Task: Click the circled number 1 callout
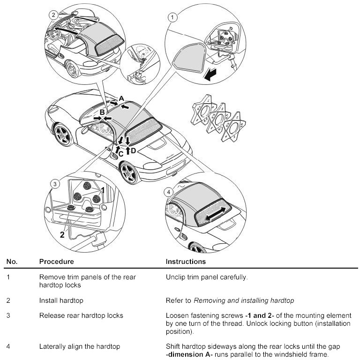pyautogui.click(x=173, y=18)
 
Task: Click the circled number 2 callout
pyautogui.click(x=54, y=15)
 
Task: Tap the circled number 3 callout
pyautogui.click(x=55, y=184)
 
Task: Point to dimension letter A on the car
pyautogui.click(x=121, y=98)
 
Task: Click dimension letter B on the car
pyautogui.click(x=102, y=112)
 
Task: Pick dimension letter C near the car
pyautogui.click(x=120, y=153)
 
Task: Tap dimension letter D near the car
pyautogui.click(x=133, y=150)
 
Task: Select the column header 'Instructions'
pyautogui.click(x=186, y=262)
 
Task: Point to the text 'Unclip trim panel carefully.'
pyautogui.click(x=207, y=277)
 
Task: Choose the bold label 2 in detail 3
pyautogui.click(x=62, y=235)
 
